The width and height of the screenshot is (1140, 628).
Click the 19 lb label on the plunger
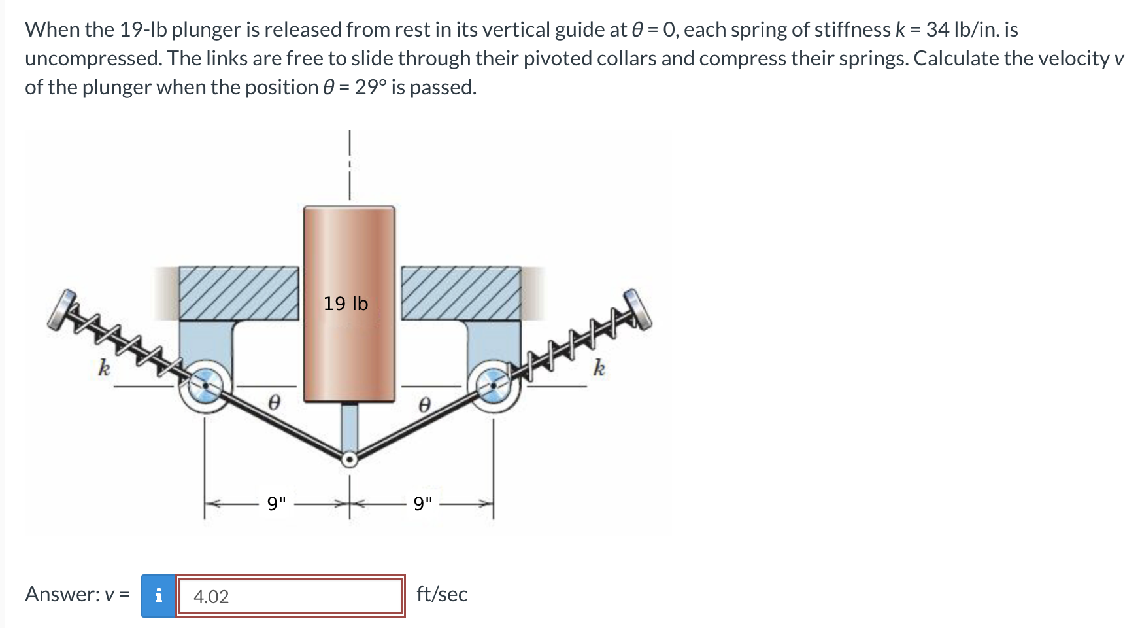pyautogui.click(x=346, y=304)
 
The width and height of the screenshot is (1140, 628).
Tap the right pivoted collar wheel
pyautogui.click(x=494, y=385)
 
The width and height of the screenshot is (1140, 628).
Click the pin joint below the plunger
pyautogui.click(x=350, y=460)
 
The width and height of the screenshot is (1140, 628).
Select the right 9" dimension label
pyautogui.click(x=423, y=504)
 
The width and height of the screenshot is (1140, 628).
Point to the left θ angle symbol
pyautogui.click(x=275, y=404)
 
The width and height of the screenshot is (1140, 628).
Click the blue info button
pyautogui.click(x=158, y=596)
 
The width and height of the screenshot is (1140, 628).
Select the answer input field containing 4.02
pyautogui.click(x=290, y=596)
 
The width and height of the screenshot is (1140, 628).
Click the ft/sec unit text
pyautogui.click(x=442, y=594)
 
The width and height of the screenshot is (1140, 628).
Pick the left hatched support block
pyautogui.click(x=239, y=292)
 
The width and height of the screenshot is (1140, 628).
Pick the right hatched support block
pyautogui.click(x=461, y=292)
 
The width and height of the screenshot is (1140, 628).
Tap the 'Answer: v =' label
pyautogui.click(x=77, y=594)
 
